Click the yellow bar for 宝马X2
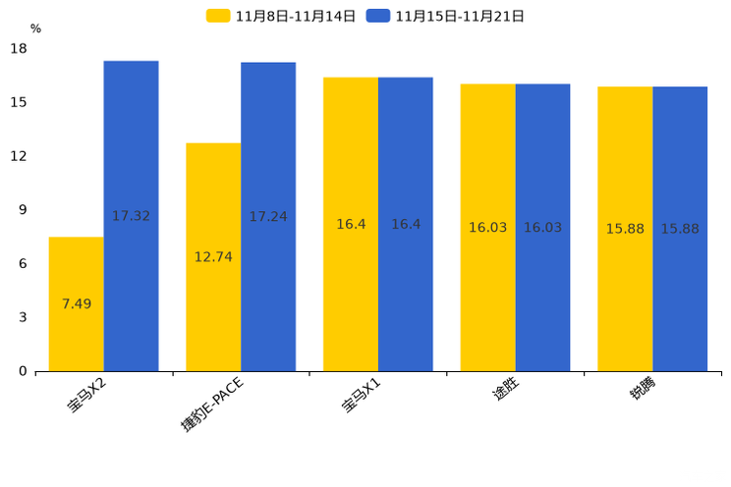click(76, 304)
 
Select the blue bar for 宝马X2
click(131, 216)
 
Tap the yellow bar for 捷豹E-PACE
click(213, 257)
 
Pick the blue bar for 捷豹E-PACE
click(268, 217)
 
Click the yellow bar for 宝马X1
click(351, 224)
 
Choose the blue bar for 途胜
click(542, 228)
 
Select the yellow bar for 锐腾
click(625, 229)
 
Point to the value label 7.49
click(76, 304)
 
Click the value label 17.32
click(131, 216)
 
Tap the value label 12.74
click(213, 257)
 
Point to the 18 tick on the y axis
click(20, 49)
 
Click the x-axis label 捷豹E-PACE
click(211, 404)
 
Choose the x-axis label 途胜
click(505, 390)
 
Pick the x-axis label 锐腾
click(643, 390)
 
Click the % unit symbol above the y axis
click(35, 29)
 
